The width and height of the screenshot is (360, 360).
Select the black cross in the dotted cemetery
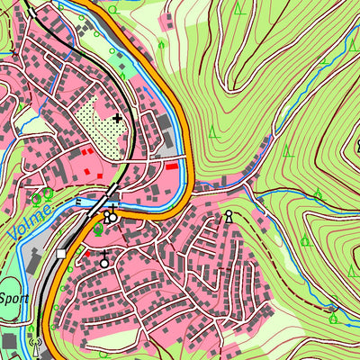(x=118, y=117)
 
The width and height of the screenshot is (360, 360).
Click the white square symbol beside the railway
(x=61, y=255)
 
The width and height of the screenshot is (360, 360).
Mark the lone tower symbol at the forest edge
(x=229, y=216)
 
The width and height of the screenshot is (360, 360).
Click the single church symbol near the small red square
(x=104, y=262)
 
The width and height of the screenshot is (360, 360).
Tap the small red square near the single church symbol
(x=88, y=254)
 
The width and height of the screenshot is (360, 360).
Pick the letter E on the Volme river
(x=79, y=202)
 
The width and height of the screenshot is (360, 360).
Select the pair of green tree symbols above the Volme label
(x=42, y=193)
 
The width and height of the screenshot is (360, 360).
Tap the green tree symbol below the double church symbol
(x=97, y=230)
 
